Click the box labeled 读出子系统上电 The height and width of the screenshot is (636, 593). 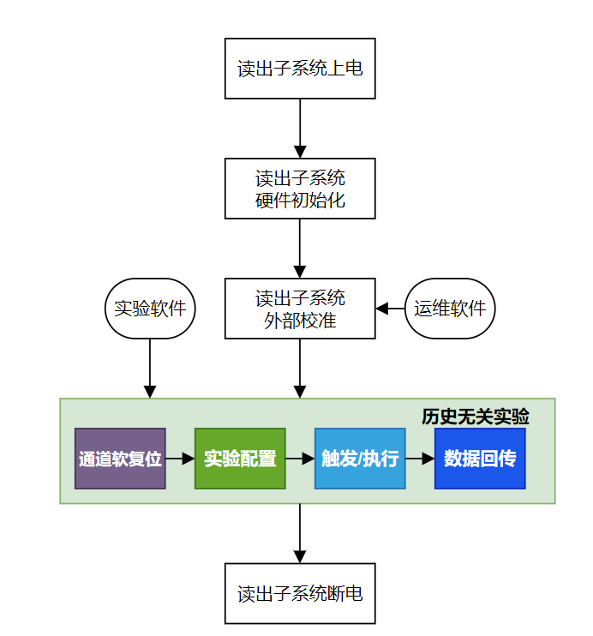point(300,69)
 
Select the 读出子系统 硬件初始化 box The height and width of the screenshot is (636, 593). point(300,189)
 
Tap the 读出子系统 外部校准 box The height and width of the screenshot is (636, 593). point(300,309)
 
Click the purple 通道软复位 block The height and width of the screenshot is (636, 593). point(120,459)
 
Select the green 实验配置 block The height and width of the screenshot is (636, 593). point(240,459)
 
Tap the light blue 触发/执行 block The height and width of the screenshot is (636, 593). point(360,459)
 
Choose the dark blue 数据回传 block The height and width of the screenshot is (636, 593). point(480,459)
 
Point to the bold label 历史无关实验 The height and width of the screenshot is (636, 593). point(476,417)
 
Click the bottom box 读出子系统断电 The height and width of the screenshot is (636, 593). point(300,593)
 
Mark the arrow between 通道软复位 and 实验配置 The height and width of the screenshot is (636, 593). point(180,459)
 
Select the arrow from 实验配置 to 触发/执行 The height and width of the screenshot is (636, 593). point(300,459)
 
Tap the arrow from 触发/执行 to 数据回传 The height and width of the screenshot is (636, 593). point(420,459)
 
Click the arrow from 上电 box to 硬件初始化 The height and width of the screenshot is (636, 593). point(300,129)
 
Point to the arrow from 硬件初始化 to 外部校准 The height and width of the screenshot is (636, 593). point(300,249)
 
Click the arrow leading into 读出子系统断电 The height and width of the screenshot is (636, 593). point(300,533)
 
